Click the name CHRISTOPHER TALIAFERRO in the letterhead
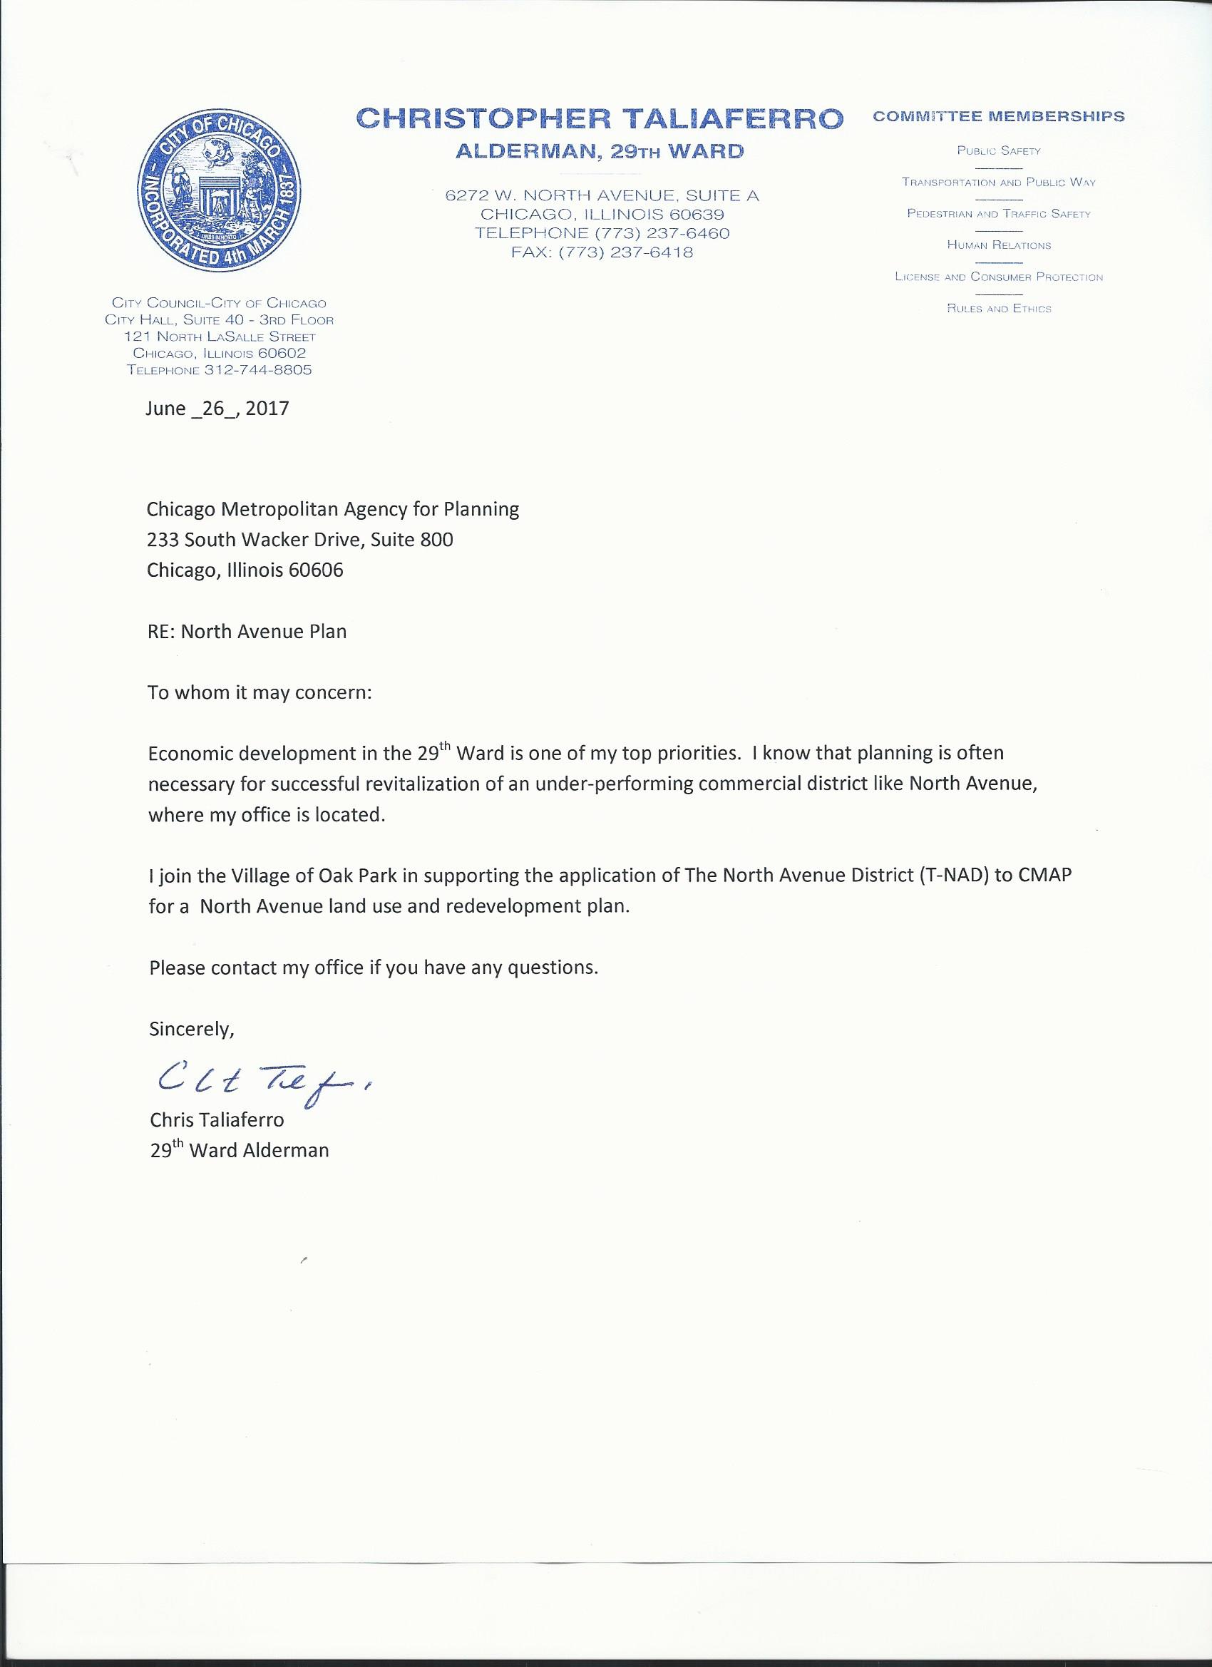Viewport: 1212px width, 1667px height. pos(600,118)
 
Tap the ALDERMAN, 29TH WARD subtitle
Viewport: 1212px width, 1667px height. pos(600,152)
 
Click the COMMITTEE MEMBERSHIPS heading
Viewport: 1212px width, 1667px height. pos(999,117)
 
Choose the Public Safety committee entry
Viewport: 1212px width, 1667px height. pos(999,150)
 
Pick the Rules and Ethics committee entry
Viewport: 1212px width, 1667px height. pos(999,309)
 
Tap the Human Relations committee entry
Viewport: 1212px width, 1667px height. pos(999,245)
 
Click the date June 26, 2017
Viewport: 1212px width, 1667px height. pos(217,409)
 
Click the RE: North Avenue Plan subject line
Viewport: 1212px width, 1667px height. pos(247,632)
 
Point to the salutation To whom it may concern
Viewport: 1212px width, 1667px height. pos(260,693)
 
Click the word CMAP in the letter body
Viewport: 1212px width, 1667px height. pos(1044,876)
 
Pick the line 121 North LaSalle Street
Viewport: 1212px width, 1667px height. pos(220,337)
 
